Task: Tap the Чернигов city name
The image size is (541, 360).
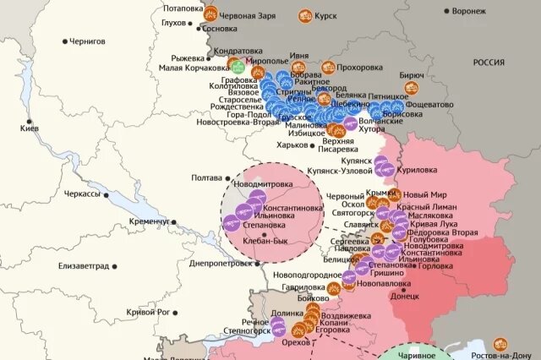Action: tap(87, 41)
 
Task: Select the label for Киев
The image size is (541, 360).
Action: tap(30, 128)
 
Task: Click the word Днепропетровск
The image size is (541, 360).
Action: tap(219, 263)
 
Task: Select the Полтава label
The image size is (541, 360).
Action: tap(206, 178)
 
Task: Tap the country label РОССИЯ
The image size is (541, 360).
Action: tap(489, 63)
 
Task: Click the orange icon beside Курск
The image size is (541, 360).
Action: tap(303, 15)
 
